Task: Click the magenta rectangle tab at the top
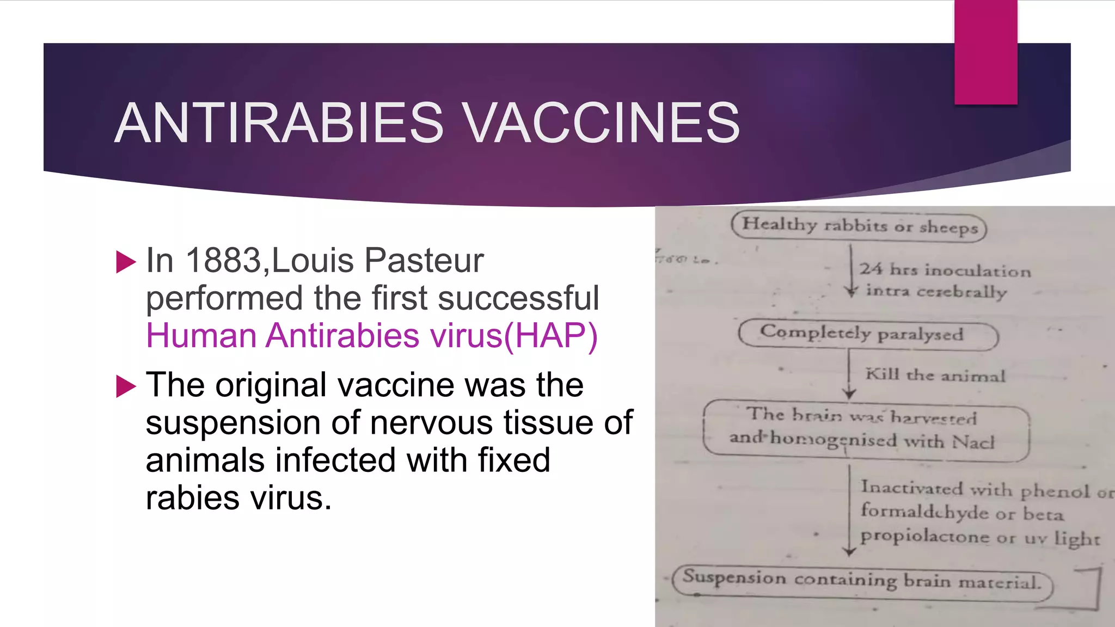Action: coord(985,52)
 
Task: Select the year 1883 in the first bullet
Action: coord(224,260)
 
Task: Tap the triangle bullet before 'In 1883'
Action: coord(126,262)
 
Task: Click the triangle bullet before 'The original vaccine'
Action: coord(126,386)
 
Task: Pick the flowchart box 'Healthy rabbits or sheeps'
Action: coord(859,225)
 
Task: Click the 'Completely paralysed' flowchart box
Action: coord(868,334)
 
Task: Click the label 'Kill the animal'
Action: coord(935,375)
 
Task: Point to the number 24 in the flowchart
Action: coord(871,269)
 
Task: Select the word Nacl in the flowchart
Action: coord(973,442)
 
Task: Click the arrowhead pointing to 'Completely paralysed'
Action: coord(851,293)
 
